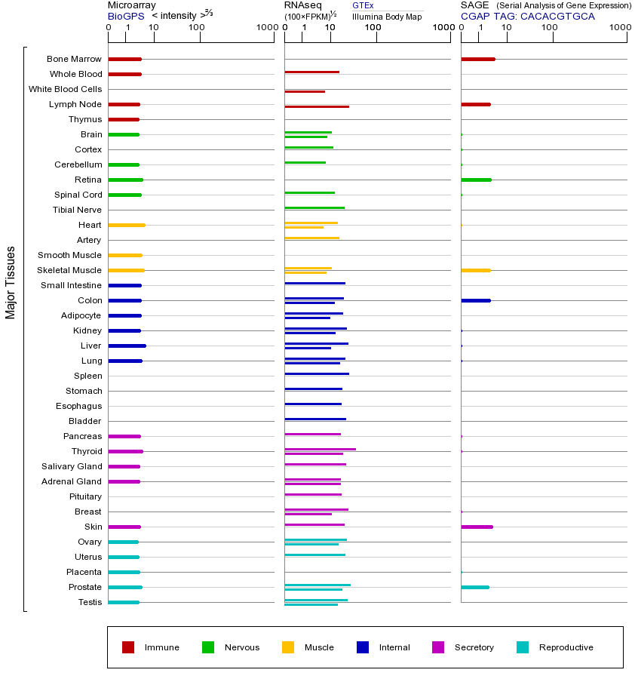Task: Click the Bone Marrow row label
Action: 74,59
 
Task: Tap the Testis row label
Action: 90,602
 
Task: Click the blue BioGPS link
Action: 124,16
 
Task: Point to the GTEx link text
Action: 363,5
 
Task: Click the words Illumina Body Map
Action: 387,16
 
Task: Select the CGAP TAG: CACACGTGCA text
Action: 527,16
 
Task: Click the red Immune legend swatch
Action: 128,647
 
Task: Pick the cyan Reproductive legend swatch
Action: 523,647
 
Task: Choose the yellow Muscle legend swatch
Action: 288,647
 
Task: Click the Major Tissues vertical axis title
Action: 11,282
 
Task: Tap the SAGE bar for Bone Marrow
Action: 477,59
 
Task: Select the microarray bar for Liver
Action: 127,346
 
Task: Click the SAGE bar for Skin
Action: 477,527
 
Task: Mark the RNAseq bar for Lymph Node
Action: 317,106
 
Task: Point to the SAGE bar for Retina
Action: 476,180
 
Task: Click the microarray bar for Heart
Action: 127,225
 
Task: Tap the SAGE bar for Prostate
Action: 474,587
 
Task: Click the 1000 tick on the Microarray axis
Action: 265,28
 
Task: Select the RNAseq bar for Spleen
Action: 317,373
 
